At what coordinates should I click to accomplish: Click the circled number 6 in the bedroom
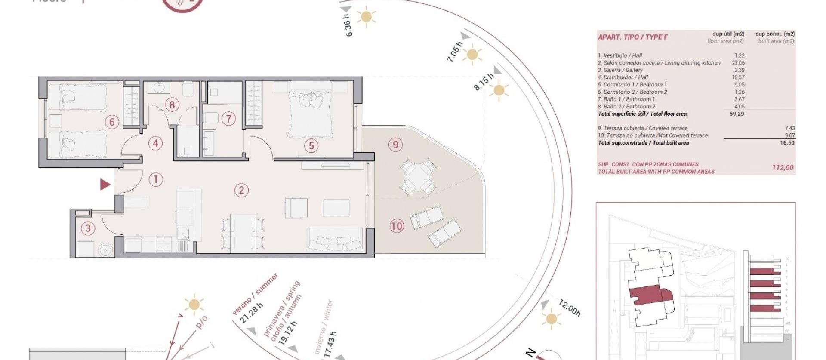[112, 122]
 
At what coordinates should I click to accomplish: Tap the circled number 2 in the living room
[241, 190]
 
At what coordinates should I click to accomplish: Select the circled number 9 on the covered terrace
[395, 145]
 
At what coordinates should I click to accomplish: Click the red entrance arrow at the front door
[105, 185]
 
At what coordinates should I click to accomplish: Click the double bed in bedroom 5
[311, 112]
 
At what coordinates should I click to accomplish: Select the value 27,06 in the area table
[738, 63]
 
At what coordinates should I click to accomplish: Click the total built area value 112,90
[783, 168]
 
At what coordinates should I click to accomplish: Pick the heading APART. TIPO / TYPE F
[633, 37]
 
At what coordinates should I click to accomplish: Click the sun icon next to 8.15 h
[499, 91]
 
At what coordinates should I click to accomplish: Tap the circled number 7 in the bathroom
[228, 119]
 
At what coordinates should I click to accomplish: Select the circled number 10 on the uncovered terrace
[397, 225]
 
